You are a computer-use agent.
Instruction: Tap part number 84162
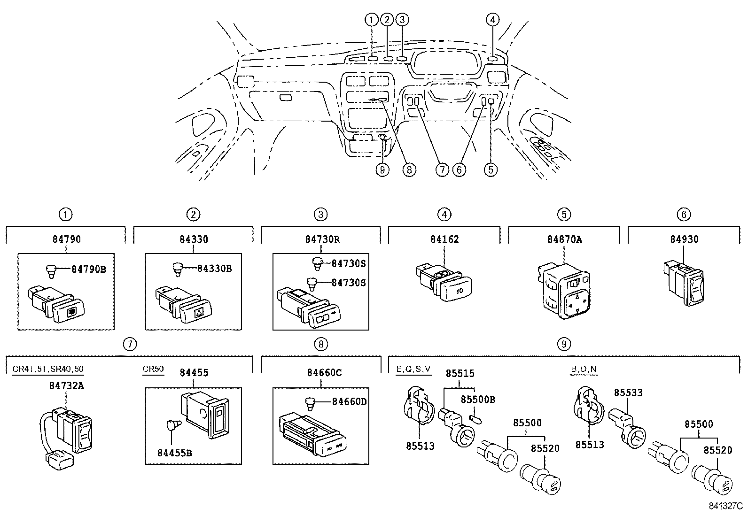[x=444, y=239]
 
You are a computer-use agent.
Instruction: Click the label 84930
[x=684, y=239]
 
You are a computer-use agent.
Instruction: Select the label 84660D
[x=349, y=402]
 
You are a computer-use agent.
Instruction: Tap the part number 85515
[x=460, y=374]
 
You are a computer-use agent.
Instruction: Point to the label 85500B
[x=478, y=400]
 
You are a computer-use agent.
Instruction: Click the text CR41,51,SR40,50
[x=48, y=369]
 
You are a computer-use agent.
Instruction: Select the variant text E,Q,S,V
[x=413, y=369]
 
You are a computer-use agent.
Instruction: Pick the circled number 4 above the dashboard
[x=492, y=19]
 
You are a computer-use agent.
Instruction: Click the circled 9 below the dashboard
[x=382, y=169]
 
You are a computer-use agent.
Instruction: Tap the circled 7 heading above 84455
[x=130, y=344]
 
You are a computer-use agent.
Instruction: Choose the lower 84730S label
[x=348, y=283]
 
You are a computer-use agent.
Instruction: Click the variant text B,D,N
[x=584, y=369]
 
